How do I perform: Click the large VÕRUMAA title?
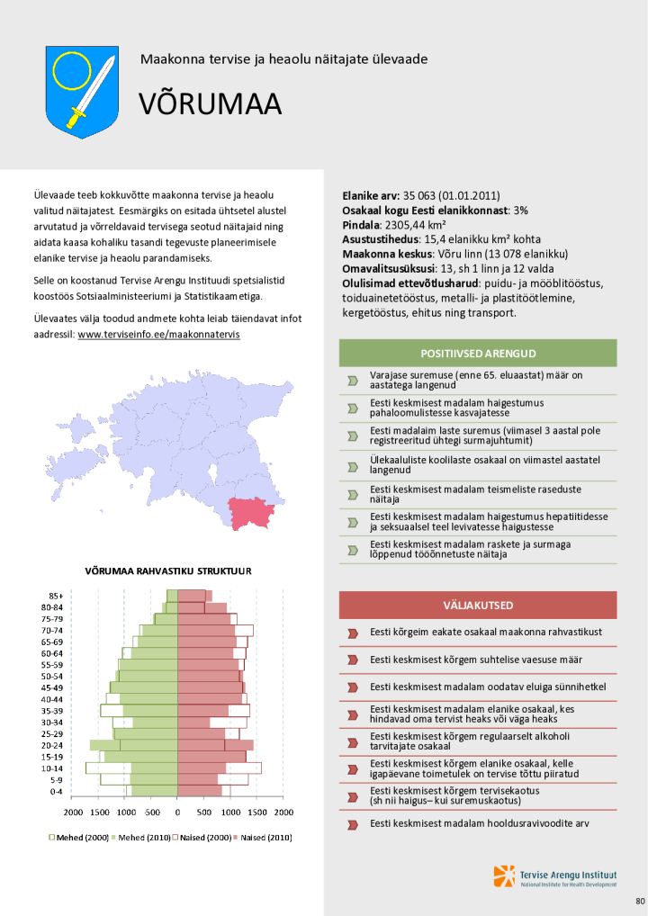click(x=210, y=104)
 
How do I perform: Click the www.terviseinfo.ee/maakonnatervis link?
click(x=158, y=334)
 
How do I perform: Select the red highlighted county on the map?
click(x=251, y=512)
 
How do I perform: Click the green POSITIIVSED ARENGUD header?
click(x=478, y=353)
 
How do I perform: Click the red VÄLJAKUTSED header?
click(x=478, y=605)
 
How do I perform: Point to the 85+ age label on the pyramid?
click(x=55, y=596)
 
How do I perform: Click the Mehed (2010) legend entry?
click(x=143, y=837)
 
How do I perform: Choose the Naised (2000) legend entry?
click(x=204, y=837)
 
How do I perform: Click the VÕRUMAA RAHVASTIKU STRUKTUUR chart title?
click(x=167, y=570)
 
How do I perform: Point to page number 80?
click(x=640, y=901)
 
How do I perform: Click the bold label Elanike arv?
click(x=371, y=195)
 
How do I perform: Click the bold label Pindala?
click(x=361, y=225)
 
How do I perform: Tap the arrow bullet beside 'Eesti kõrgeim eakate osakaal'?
click(x=353, y=633)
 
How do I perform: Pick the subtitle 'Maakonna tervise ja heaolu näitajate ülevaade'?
click(x=283, y=59)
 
